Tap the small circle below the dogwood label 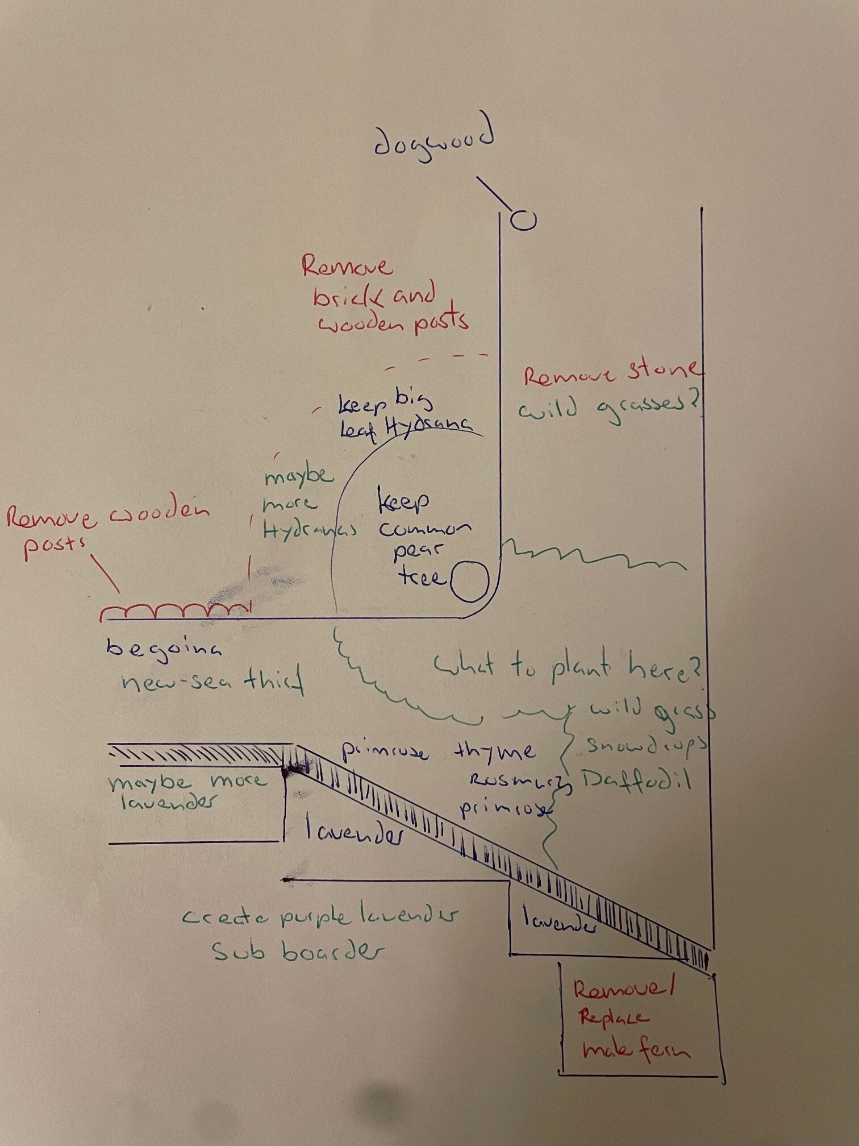(x=523, y=219)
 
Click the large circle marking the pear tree (x=470, y=581)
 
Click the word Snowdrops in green (x=647, y=745)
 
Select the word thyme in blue (x=494, y=751)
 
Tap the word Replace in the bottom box (x=613, y=1017)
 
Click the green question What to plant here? (x=568, y=668)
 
